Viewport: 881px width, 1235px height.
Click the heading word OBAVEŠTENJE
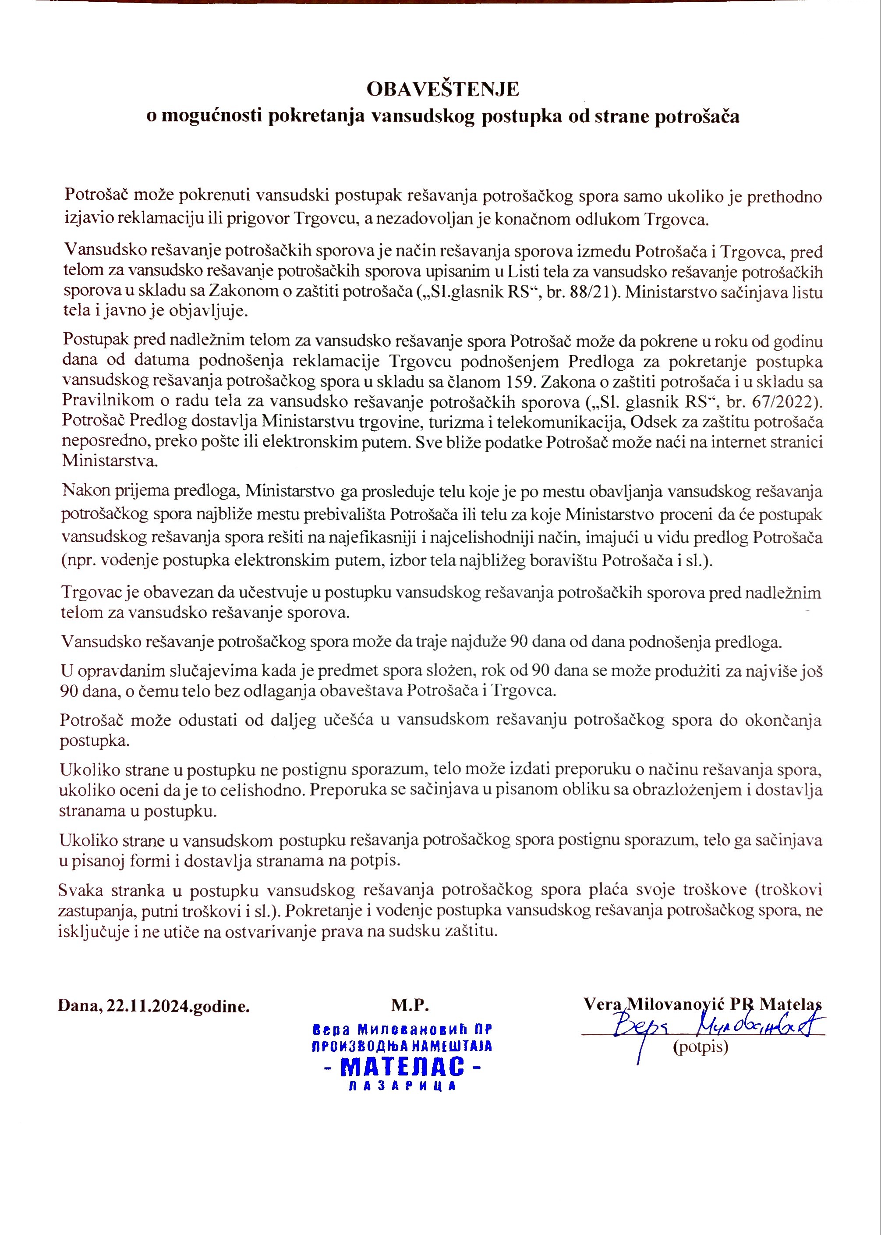442,89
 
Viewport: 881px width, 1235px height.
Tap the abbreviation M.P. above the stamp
410,1005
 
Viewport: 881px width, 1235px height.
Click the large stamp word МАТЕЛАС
403,1067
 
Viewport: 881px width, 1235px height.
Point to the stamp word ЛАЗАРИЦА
402,1086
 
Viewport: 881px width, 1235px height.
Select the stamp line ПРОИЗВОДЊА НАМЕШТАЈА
402,1046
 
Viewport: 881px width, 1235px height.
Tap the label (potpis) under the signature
701,1047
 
